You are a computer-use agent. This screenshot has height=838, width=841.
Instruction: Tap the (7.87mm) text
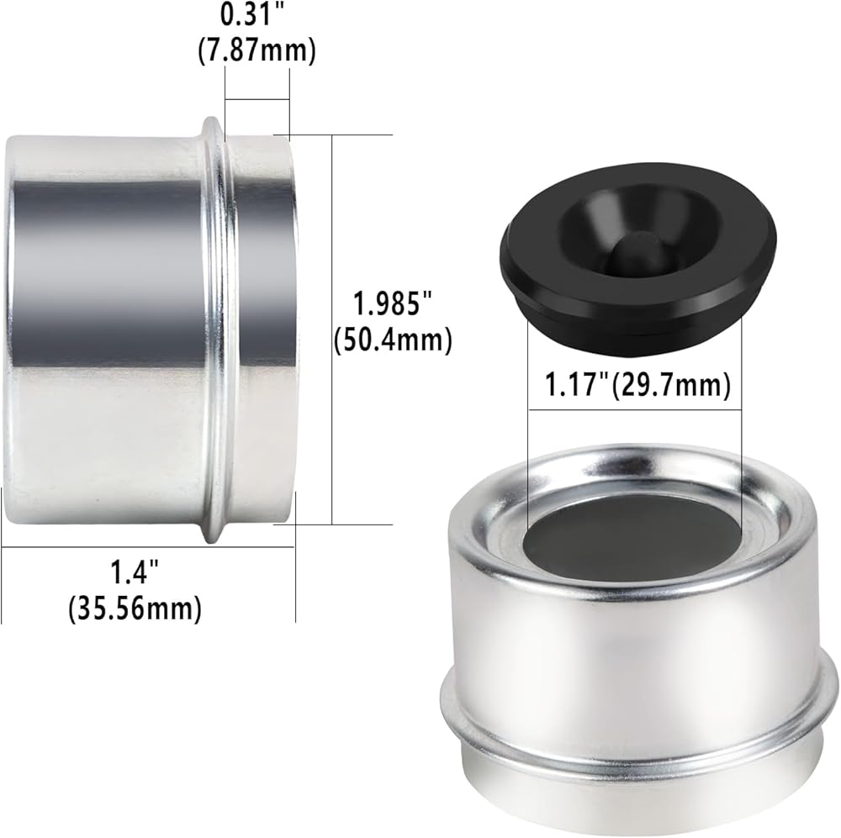(x=257, y=51)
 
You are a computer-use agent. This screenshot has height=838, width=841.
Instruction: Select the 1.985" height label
(x=392, y=303)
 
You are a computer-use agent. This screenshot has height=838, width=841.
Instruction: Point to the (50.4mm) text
(x=393, y=340)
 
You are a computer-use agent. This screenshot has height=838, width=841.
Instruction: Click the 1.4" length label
(x=135, y=572)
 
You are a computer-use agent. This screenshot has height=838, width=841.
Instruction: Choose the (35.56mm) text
(x=135, y=609)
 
